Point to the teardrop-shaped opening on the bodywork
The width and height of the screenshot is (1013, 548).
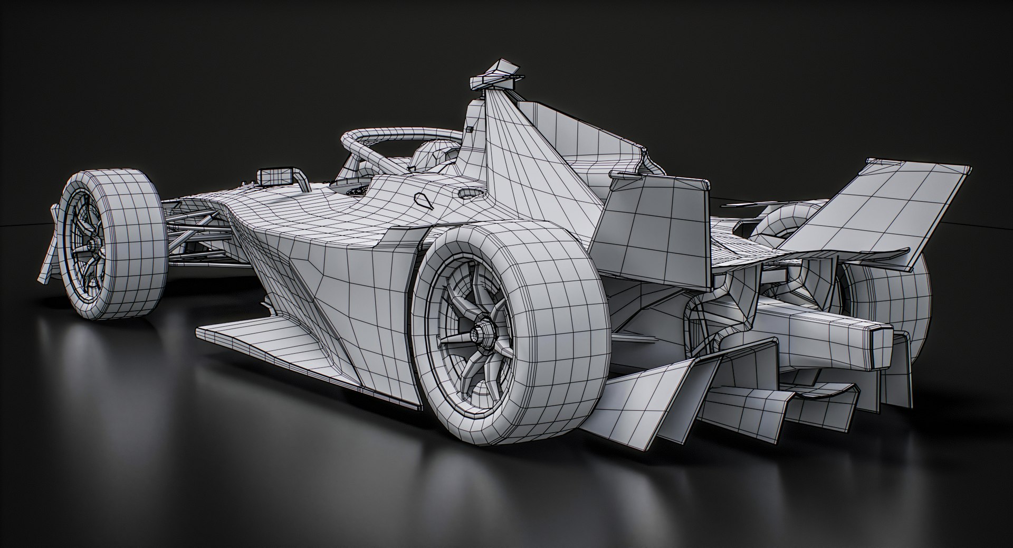point(423,199)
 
